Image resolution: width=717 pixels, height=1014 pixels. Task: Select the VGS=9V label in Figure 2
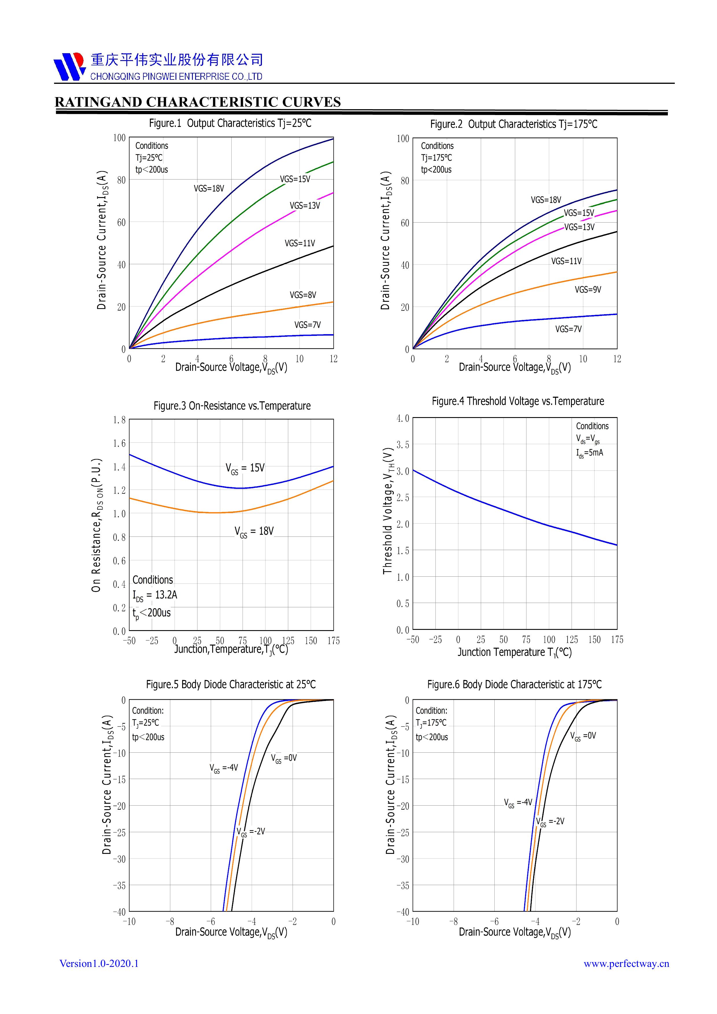(587, 290)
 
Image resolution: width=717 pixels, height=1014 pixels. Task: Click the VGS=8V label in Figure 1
(303, 295)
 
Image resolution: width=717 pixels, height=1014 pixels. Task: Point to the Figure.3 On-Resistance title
(232, 406)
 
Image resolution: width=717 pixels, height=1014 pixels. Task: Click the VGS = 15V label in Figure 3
(245, 468)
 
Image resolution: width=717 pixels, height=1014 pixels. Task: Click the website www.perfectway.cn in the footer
(626, 964)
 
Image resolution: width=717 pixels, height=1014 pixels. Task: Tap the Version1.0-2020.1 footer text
(99, 964)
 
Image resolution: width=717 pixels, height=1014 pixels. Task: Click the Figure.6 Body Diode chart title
(514, 684)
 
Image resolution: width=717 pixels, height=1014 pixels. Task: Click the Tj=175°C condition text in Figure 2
(436, 158)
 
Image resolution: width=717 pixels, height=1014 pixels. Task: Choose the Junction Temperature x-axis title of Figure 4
(514, 652)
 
